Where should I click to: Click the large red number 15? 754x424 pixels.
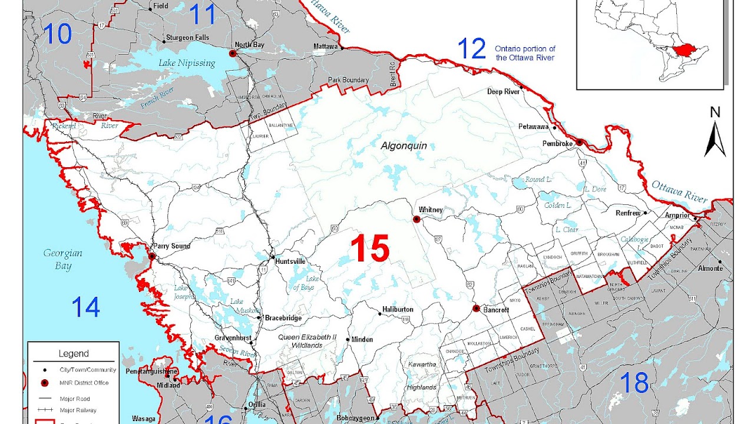370,248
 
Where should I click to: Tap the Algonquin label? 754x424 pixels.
404,145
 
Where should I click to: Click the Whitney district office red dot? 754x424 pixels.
416,219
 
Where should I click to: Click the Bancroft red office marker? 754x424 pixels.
476,309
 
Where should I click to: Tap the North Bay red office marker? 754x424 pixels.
233,54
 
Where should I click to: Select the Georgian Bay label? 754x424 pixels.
62,259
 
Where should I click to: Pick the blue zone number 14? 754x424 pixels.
86,307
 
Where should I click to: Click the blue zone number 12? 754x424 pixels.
472,49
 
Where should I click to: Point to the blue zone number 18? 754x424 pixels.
635,383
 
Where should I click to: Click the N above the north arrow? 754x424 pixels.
715,112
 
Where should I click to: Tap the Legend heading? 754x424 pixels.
74,354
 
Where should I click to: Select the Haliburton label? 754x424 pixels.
398,309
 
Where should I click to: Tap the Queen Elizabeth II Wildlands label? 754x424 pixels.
307,341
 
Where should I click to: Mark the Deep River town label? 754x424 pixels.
503,91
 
